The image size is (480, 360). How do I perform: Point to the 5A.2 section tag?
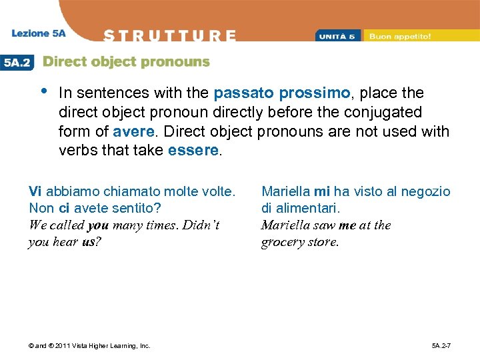click(18, 62)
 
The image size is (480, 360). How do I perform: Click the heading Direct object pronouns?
click(126, 62)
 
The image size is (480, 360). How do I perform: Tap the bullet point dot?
click(43, 91)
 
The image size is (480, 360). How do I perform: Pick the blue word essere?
click(193, 150)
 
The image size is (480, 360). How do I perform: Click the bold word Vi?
click(35, 191)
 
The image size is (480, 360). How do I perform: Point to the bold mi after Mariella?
click(321, 191)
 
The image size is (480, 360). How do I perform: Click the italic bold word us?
click(89, 242)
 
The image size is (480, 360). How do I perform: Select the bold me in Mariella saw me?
click(347, 225)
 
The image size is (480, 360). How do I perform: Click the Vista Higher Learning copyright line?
click(89, 345)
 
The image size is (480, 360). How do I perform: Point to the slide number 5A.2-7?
click(441, 345)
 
